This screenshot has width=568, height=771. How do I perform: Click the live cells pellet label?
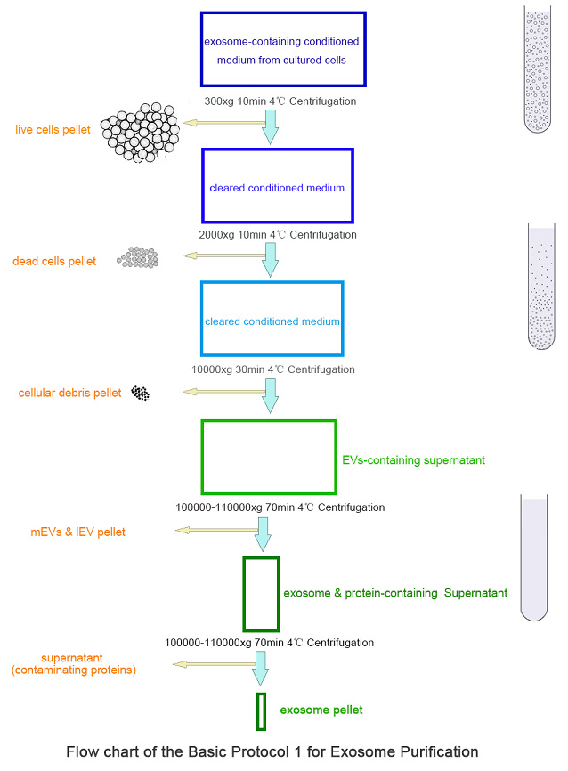pos(53,130)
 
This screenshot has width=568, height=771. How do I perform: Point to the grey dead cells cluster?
pos(138,257)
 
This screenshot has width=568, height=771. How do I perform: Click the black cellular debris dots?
pos(140,392)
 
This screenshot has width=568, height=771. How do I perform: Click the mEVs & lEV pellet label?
pos(77,532)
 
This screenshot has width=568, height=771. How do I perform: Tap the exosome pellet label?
pos(321,710)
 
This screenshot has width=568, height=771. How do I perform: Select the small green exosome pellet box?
pos(261,710)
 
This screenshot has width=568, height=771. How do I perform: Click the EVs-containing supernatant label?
pos(413,460)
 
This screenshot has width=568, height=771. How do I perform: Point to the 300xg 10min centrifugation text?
pos(280,101)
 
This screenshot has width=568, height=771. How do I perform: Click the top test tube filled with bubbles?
pos(540,69)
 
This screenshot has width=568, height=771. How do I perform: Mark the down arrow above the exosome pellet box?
pos(261,667)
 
